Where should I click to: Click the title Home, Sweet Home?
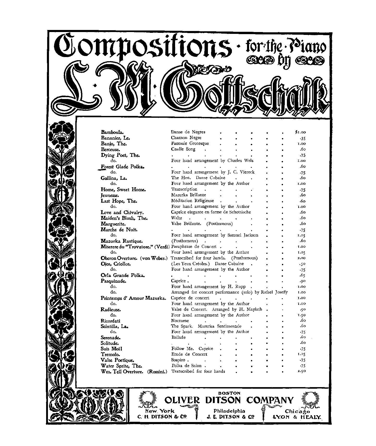click(123, 189)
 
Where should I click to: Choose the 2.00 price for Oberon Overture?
click(301, 258)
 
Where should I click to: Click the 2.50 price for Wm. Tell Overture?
click(301, 371)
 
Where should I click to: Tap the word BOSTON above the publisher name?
click(229, 393)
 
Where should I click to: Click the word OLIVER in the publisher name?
click(182, 400)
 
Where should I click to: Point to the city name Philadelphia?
click(229, 411)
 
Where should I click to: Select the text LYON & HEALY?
click(297, 417)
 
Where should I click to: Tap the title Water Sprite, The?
click(121, 366)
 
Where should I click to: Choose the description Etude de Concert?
click(189, 354)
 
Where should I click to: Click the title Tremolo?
click(110, 355)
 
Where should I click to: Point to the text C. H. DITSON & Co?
click(162, 417)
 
